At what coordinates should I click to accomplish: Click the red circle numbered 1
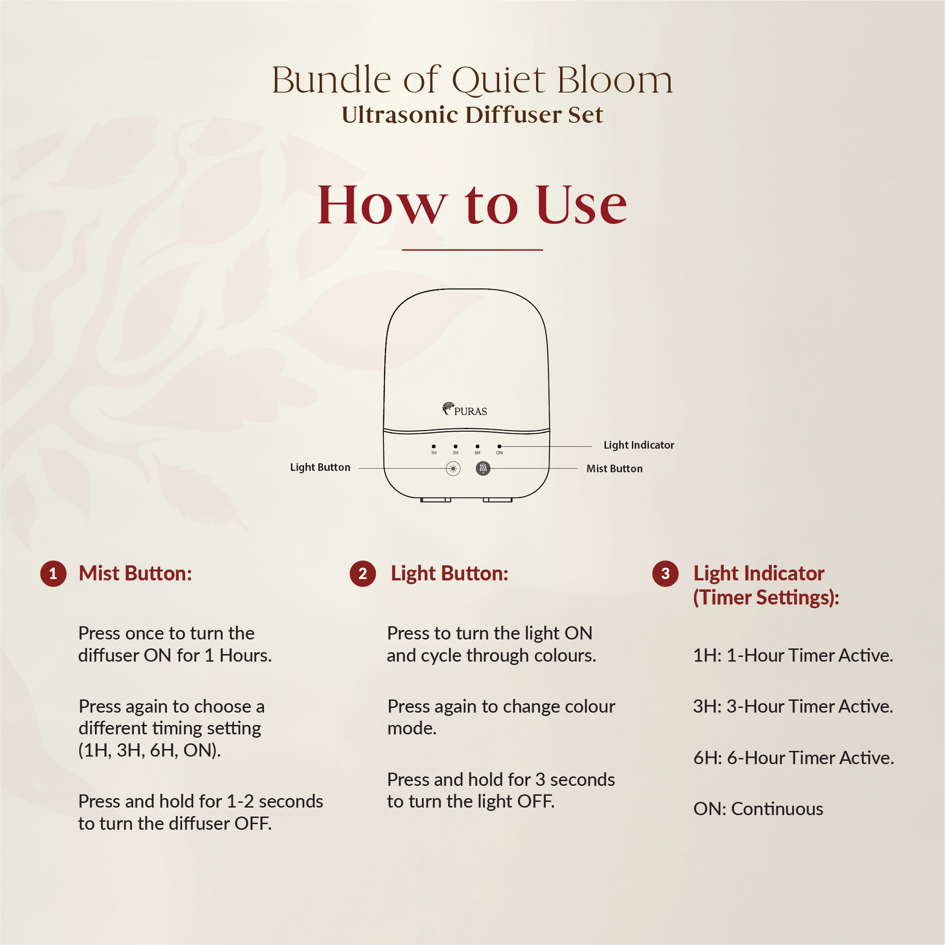tap(53, 574)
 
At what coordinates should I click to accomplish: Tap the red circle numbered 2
tap(363, 574)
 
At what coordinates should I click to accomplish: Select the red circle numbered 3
tap(665, 574)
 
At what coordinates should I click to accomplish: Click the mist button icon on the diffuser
tap(483, 468)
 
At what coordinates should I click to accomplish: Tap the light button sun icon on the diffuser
tap(453, 469)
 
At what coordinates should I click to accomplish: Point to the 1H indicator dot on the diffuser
tap(434, 446)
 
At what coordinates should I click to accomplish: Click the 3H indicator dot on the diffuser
tap(456, 446)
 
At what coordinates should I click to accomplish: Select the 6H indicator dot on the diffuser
tap(477, 446)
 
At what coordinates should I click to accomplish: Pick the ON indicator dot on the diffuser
tap(499, 446)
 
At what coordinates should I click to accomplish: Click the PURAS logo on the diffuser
tap(465, 409)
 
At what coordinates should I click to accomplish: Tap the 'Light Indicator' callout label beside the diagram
tap(639, 445)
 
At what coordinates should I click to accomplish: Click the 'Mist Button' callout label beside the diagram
tap(614, 469)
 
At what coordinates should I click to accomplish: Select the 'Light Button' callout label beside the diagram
tap(320, 467)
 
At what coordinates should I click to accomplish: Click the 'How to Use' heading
tap(472, 205)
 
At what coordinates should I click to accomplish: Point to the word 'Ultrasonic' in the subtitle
tap(400, 115)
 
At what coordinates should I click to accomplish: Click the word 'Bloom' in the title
tap(615, 81)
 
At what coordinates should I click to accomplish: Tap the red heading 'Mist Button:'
tap(135, 573)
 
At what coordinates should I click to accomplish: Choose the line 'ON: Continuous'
tap(758, 809)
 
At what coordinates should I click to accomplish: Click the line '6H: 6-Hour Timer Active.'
tap(794, 758)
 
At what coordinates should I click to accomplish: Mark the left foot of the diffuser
tap(436, 500)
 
